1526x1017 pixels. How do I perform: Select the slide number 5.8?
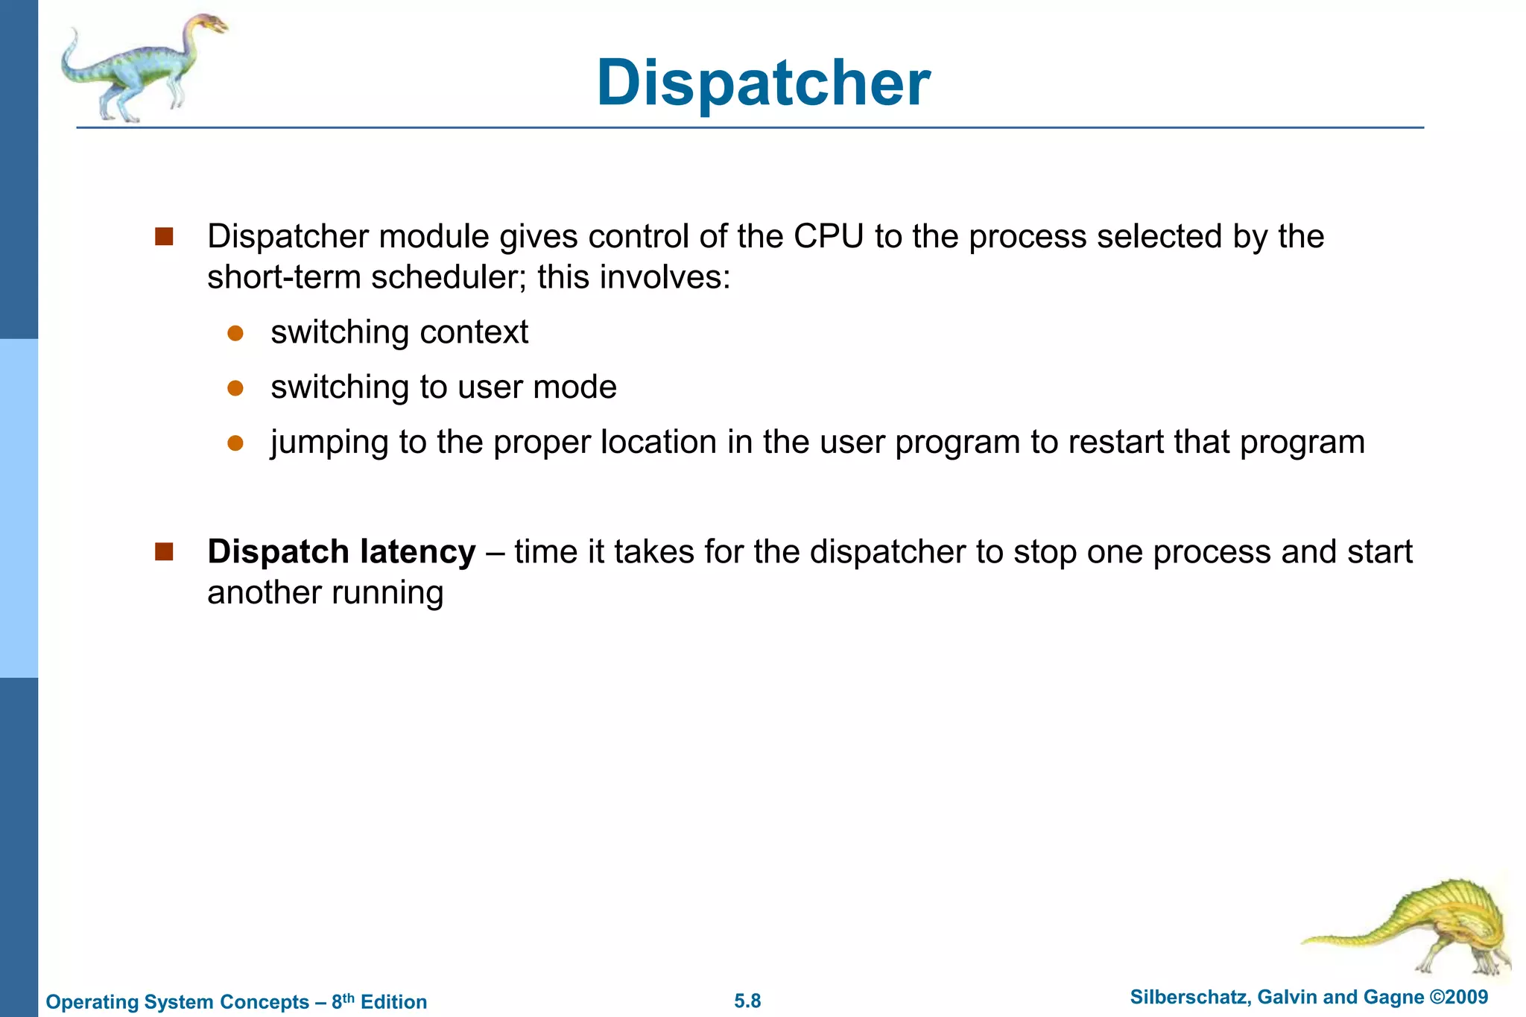click(x=747, y=1001)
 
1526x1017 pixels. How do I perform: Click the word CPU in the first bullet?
click(x=829, y=237)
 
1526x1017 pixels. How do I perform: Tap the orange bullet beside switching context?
click(x=235, y=333)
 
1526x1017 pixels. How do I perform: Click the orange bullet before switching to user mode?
click(x=235, y=388)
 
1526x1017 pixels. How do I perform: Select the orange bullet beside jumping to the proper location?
click(x=235, y=443)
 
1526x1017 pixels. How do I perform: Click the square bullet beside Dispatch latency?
click(x=164, y=552)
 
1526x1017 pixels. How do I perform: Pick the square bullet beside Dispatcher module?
click(x=164, y=237)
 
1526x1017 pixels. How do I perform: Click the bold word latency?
click(x=417, y=552)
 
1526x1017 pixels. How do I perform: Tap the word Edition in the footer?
click(x=393, y=1002)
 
